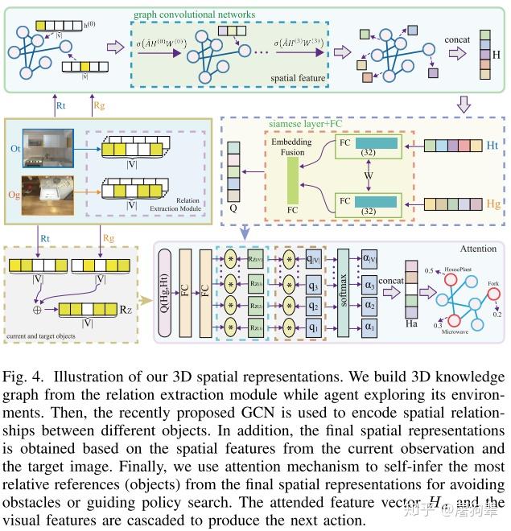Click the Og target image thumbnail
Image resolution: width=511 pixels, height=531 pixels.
pyautogui.click(x=48, y=194)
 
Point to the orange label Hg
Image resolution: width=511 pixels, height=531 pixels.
pyautogui.click(x=491, y=204)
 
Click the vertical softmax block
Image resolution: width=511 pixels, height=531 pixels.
pyautogui.click(x=343, y=292)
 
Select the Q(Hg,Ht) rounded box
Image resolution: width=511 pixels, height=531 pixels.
pyautogui.click(x=167, y=292)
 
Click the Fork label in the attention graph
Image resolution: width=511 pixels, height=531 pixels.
pyautogui.click(x=493, y=283)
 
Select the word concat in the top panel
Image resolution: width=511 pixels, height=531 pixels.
pyautogui.click(x=456, y=38)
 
